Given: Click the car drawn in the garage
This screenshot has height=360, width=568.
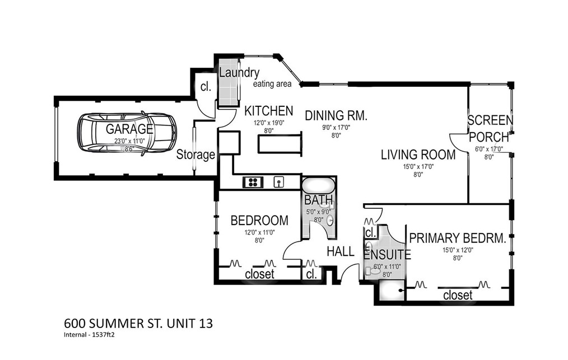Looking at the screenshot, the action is pyautogui.click(x=127, y=133).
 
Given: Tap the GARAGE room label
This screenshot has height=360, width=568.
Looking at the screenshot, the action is pyautogui.click(x=129, y=129).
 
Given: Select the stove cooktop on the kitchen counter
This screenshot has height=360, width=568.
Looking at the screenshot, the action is pyautogui.click(x=253, y=182).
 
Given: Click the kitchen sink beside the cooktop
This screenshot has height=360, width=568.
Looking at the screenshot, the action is pyautogui.click(x=278, y=182).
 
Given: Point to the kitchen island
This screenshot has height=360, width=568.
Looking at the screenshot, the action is pyautogui.click(x=280, y=144).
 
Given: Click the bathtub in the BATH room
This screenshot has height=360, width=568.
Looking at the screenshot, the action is pyautogui.click(x=318, y=185).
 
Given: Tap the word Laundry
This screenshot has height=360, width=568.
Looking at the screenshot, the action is pyautogui.click(x=239, y=73).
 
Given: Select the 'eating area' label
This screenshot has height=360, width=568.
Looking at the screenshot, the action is pyautogui.click(x=272, y=84).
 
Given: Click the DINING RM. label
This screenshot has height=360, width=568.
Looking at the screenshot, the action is pyautogui.click(x=336, y=115).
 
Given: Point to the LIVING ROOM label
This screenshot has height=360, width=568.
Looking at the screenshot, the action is pyautogui.click(x=418, y=155).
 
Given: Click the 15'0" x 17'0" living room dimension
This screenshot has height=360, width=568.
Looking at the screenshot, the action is pyautogui.click(x=418, y=167).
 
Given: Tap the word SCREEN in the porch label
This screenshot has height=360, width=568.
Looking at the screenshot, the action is pyautogui.click(x=490, y=120).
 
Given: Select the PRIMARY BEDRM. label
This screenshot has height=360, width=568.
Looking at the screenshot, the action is pyautogui.click(x=457, y=239).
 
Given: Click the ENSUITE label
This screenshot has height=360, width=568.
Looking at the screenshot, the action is pyautogui.click(x=387, y=255).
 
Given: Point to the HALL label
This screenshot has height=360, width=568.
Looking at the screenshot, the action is pyautogui.click(x=341, y=251).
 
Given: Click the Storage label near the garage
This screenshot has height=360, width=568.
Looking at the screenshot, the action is pyautogui.click(x=195, y=155).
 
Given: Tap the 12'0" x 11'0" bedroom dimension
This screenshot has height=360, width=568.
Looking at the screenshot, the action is pyautogui.click(x=259, y=232).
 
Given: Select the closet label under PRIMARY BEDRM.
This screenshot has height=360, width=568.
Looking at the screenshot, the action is pyautogui.click(x=458, y=295).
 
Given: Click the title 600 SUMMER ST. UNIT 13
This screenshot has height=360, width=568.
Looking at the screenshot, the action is pyautogui.click(x=138, y=323).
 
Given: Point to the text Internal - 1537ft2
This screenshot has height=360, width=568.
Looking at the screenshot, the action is pyautogui.click(x=89, y=335).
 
